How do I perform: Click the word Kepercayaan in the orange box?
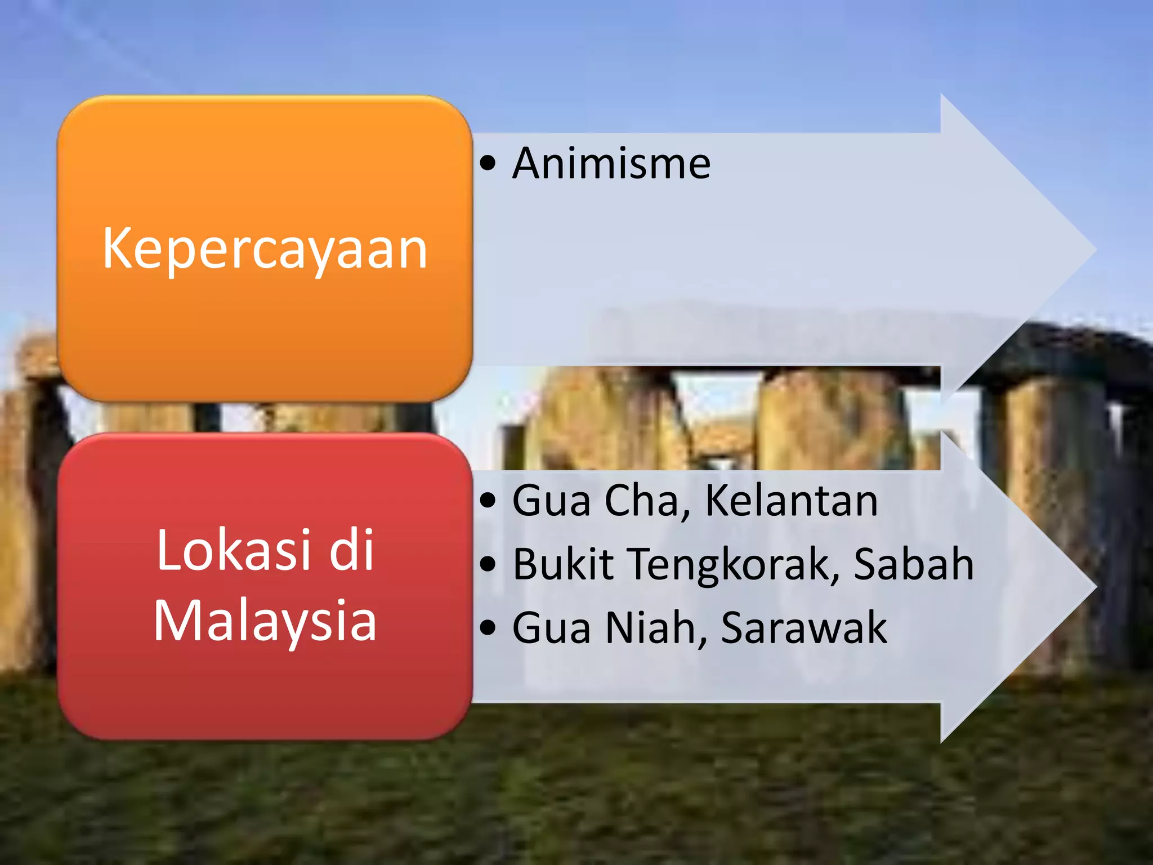265,249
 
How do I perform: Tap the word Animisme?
611,163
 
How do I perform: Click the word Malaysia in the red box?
265,621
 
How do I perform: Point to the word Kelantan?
791,500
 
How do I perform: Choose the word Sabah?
914,564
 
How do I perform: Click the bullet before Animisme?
488,164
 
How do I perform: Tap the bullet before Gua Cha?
488,500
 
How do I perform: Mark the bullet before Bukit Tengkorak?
488,564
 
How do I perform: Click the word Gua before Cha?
552,500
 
